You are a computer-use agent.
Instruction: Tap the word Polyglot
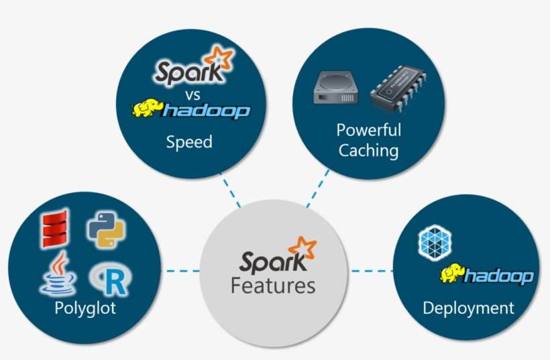point(85,308)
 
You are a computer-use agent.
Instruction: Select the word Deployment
point(468,308)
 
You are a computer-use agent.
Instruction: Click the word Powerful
point(368,130)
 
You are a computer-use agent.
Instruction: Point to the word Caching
point(368,150)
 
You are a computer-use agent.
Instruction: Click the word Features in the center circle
point(273,286)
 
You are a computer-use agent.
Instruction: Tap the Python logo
point(107,231)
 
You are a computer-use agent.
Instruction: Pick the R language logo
point(109,280)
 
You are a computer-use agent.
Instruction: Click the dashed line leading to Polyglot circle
point(180,271)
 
